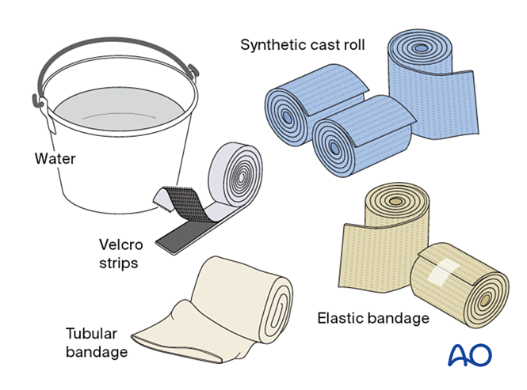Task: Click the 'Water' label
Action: click(55, 159)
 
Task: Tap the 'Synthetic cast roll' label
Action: click(303, 44)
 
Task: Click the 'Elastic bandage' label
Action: click(372, 318)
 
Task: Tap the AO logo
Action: click(469, 354)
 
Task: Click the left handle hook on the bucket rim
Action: click(37, 102)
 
